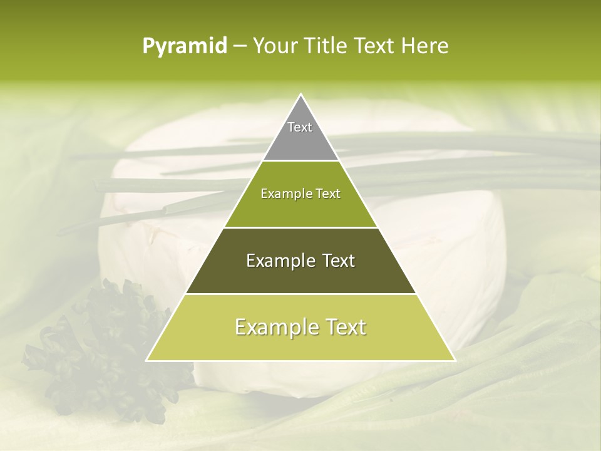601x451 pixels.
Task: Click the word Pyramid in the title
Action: pos(184,46)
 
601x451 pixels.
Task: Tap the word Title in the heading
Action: pos(329,46)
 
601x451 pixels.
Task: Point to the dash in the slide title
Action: pos(239,46)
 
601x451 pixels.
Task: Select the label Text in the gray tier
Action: pos(300,127)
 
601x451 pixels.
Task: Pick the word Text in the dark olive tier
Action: pos(337,261)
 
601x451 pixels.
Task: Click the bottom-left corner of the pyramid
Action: pos(147,360)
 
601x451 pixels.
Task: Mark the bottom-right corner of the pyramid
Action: pos(455,360)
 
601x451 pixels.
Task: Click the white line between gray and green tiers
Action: pos(300,161)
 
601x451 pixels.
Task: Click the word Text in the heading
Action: pos(377,46)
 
